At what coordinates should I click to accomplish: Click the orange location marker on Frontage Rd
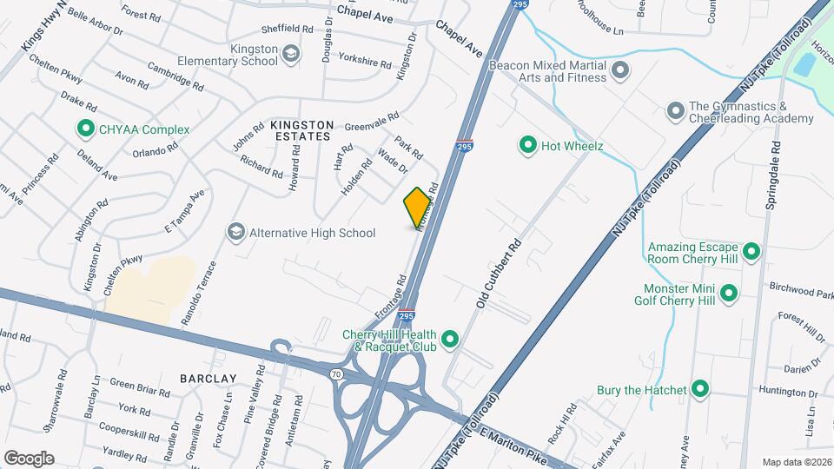pyautogui.click(x=417, y=207)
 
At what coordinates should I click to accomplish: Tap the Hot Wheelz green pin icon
pyautogui.click(x=526, y=146)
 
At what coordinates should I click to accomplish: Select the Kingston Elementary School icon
pyautogui.click(x=291, y=55)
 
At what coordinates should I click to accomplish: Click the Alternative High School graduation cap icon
pyautogui.click(x=235, y=232)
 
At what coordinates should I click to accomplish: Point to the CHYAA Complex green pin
pyautogui.click(x=85, y=130)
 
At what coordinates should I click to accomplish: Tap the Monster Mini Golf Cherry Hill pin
pyautogui.click(x=729, y=294)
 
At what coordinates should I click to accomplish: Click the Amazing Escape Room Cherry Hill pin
pyautogui.click(x=752, y=253)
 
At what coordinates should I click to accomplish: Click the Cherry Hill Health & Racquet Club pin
pyautogui.click(x=450, y=339)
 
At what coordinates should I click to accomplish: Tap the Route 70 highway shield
pyautogui.click(x=335, y=374)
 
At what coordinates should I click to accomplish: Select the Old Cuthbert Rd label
pyautogui.click(x=497, y=275)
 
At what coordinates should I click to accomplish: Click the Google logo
pyautogui.click(x=29, y=458)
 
